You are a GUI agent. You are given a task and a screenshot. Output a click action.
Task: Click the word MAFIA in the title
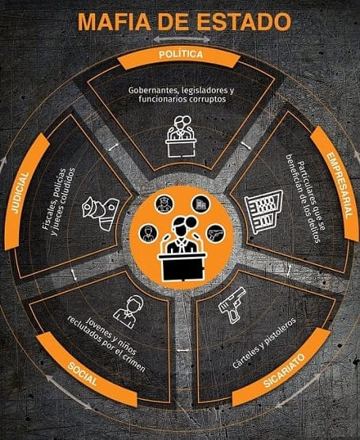coord(114,22)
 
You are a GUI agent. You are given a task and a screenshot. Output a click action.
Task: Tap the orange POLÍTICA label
coord(180,58)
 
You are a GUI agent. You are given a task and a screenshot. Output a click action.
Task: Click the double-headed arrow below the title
coord(181,40)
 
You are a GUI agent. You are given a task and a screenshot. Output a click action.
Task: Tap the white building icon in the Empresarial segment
coord(263,211)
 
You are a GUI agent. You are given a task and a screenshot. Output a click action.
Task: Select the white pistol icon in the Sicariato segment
coord(232,305)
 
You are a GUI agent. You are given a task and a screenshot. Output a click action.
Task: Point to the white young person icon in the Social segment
coord(129,312)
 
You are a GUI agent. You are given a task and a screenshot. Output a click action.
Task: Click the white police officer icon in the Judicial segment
coord(100,214)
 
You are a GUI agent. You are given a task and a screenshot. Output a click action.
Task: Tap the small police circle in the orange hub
coord(164,204)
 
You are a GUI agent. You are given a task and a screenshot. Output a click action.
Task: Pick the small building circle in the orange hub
coord(201,203)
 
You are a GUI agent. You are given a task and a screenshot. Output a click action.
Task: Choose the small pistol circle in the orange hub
coord(216,234)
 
